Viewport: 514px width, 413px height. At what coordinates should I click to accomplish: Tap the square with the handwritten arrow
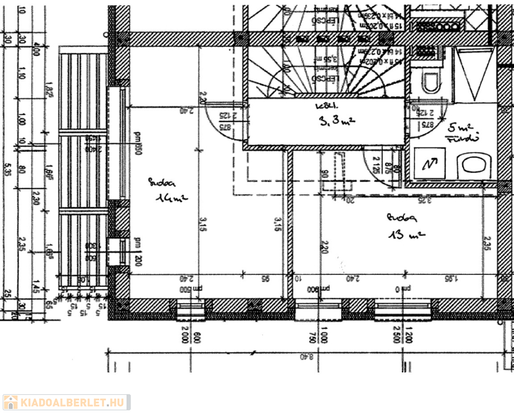431,163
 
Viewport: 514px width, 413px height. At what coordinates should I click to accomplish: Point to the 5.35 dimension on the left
7,171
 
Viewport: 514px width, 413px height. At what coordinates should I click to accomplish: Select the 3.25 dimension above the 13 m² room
425,200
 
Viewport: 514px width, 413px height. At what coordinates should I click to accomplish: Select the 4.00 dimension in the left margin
37,52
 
